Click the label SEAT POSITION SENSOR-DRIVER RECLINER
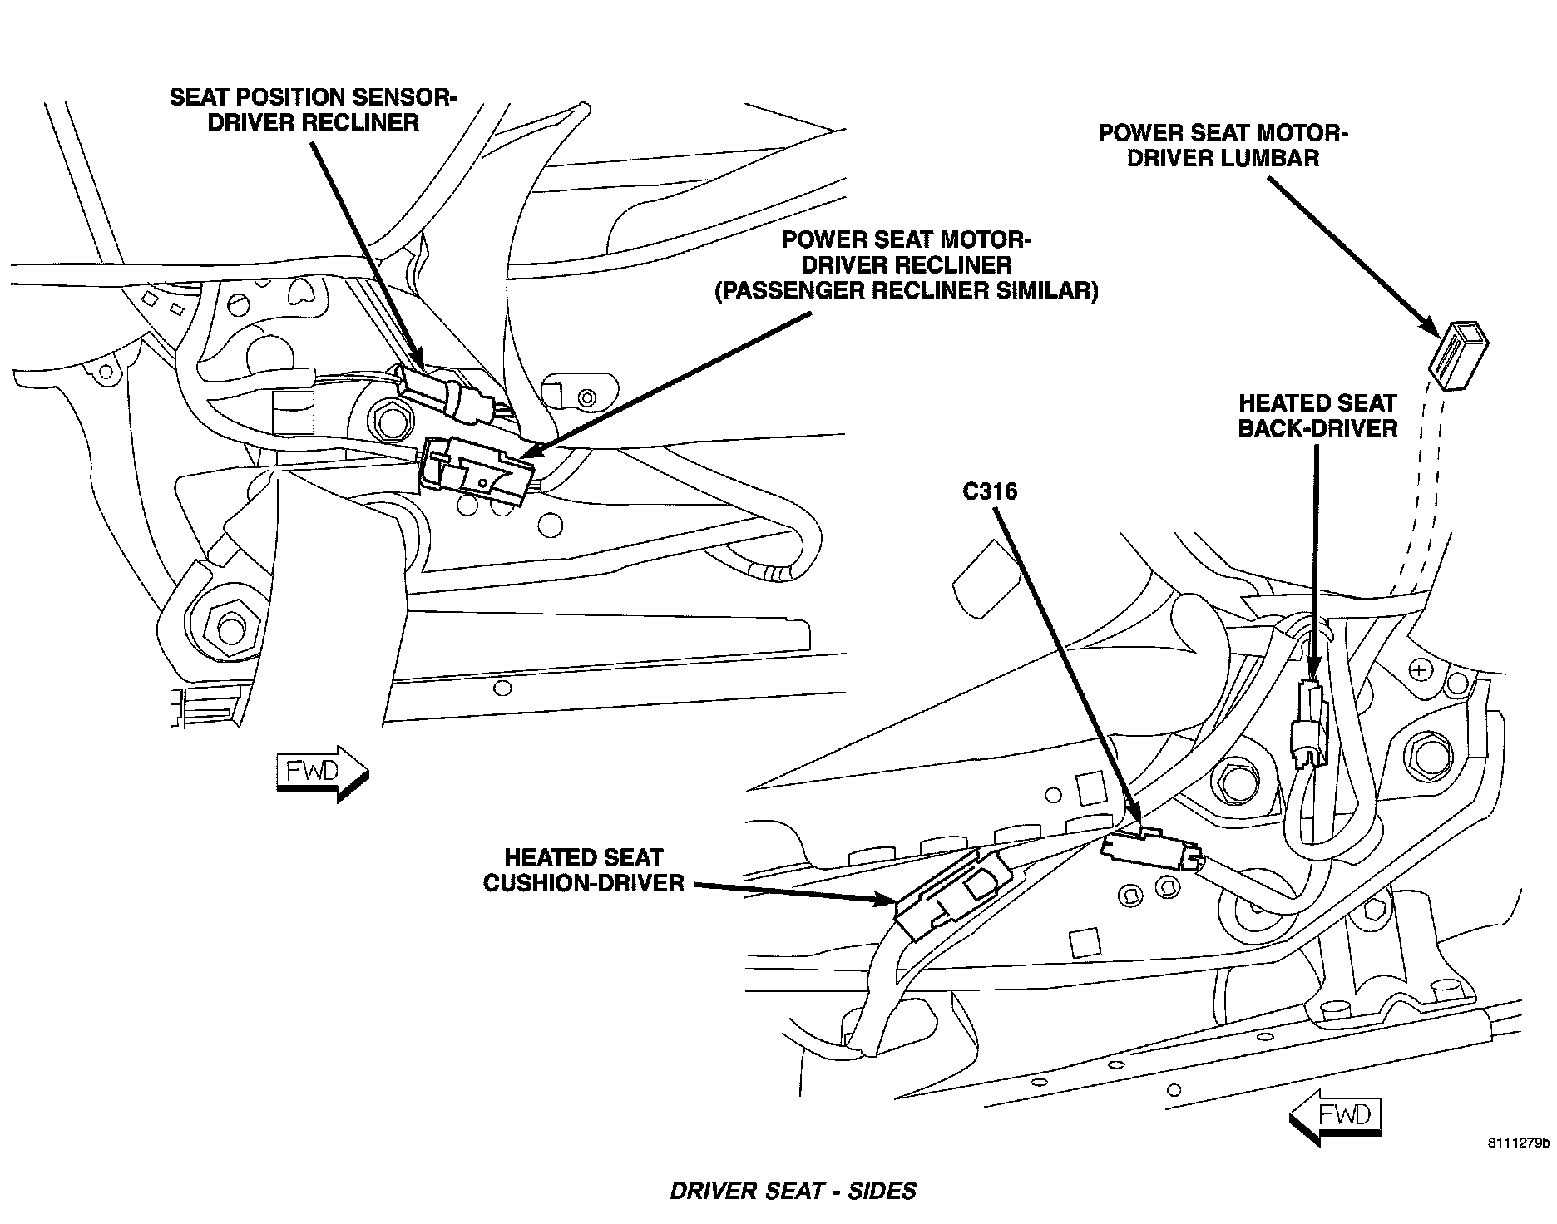pyautogui.click(x=313, y=110)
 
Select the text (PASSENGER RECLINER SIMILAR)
pyautogui.click(x=907, y=291)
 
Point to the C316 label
pyautogui.click(x=989, y=492)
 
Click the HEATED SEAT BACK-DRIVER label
pyautogui.click(x=1317, y=416)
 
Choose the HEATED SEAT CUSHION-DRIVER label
pyautogui.click(x=583, y=870)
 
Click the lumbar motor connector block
pyautogui.click(x=1457, y=355)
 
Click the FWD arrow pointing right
pyautogui.click(x=321, y=773)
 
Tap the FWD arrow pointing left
pyautogui.click(x=1336, y=1115)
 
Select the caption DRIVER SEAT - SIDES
pyautogui.click(x=793, y=1192)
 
